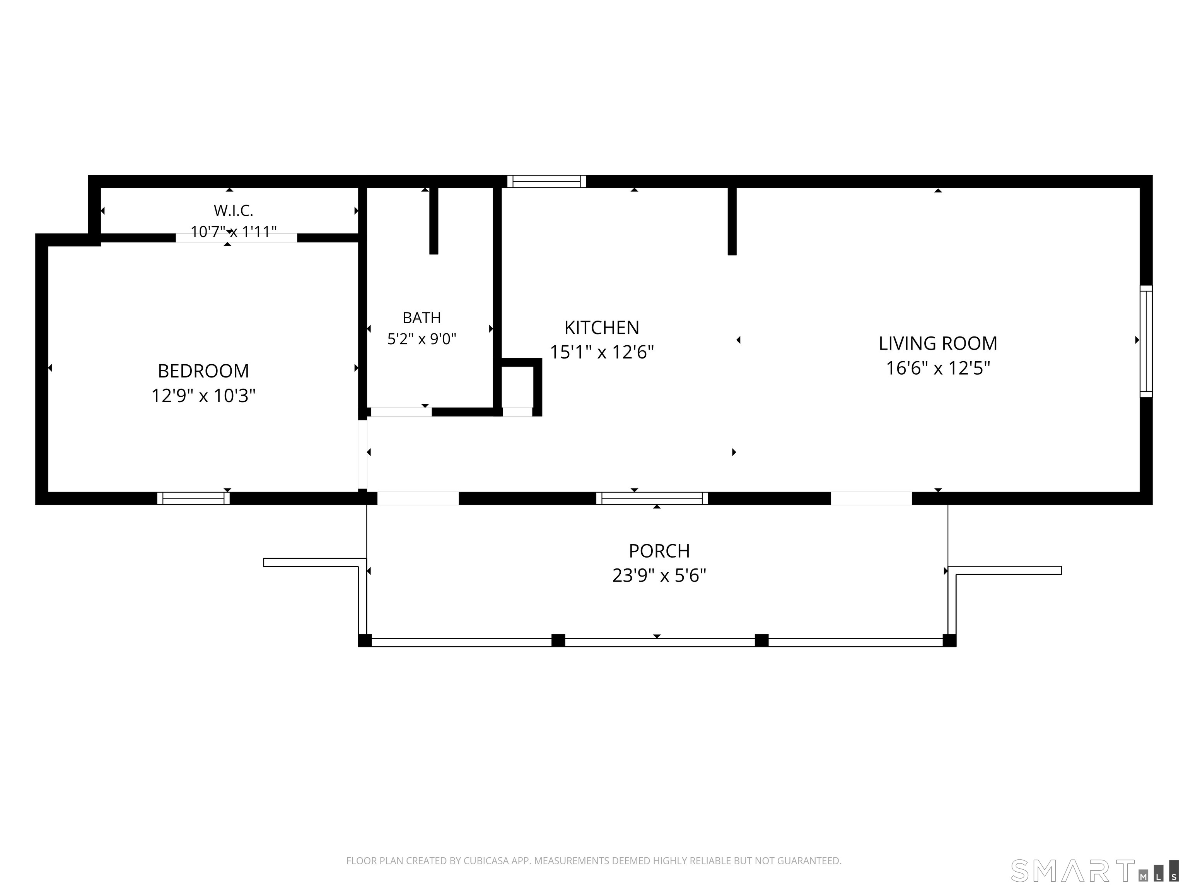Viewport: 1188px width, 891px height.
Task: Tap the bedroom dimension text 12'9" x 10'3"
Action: pos(203,396)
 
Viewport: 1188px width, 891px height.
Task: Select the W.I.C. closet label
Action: pos(233,210)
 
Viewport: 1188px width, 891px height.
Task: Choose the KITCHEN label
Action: pos(601,328)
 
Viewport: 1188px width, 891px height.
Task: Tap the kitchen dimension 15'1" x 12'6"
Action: pos(601,352)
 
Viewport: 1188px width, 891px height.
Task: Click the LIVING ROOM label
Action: pos(938,343)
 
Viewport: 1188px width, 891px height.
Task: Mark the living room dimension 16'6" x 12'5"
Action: pos(938,369)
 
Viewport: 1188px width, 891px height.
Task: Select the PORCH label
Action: pos(659,551)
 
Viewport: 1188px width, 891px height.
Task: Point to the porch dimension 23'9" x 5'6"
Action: pos(659,576)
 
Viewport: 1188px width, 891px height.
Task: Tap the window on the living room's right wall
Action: pos(1146,341)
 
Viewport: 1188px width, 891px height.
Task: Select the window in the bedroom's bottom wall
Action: pos(193,498)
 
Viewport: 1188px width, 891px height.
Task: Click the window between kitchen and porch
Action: pos(652,498)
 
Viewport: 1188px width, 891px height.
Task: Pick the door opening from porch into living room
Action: pos(871,498)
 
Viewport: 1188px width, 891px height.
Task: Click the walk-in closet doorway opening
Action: pos(236,238)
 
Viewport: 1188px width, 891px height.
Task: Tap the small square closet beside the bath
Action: pos(517,387)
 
